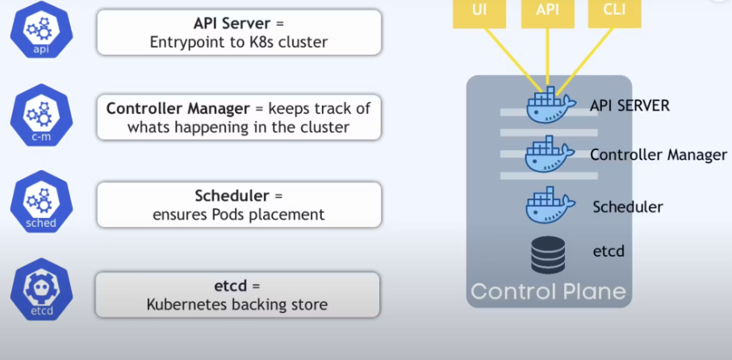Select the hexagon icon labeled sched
point(41,202)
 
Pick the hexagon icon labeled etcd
point(41,289)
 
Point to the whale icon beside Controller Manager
point(550,154)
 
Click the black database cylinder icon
point(548,254)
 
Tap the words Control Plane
point(548,291)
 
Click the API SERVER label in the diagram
point(630,106)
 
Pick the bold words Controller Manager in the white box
point(178,109)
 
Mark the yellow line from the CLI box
point(585,60)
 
